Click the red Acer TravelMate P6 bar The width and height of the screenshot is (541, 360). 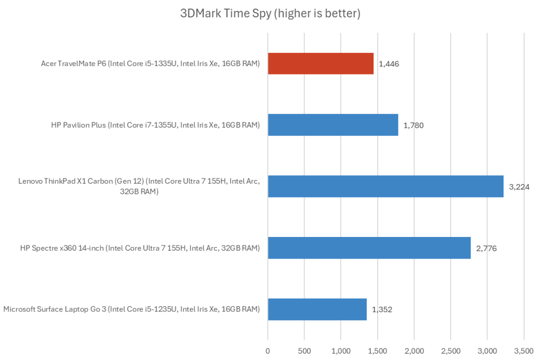321,64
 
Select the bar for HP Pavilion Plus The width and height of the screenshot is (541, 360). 333,125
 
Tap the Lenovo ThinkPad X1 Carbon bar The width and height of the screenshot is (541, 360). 386,186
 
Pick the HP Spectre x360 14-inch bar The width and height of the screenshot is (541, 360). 369,248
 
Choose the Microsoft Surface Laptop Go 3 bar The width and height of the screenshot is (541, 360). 317,309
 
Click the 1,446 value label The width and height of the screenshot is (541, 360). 389,64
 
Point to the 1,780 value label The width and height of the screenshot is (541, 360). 414,126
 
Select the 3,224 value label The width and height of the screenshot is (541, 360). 519,187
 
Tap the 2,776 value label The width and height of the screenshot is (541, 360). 486,248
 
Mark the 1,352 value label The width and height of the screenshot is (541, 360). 382,309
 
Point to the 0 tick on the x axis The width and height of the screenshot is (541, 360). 268,349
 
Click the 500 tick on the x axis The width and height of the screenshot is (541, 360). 304,349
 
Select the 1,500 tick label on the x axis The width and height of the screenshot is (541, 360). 377,349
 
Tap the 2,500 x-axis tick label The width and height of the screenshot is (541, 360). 450,349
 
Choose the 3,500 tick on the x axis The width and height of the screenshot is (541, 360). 523,349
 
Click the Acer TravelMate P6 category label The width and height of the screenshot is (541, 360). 150,64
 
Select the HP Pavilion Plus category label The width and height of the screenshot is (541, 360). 155,125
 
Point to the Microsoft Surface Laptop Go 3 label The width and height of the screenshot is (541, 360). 132,309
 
